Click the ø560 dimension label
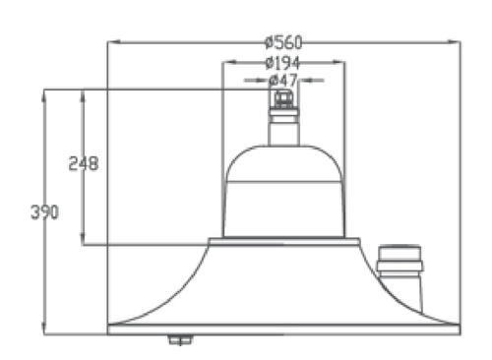click(283, 42)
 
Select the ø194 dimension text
click(282, 63)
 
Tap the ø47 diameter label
click(282, 80)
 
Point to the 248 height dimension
click(84, 163)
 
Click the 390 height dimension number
click(44, 211)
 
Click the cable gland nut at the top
click(283, 99)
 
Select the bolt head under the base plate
click(180, 340)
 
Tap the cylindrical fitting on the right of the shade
click(400, 277)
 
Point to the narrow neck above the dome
click(283, 131)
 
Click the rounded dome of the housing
click(283, 163)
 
